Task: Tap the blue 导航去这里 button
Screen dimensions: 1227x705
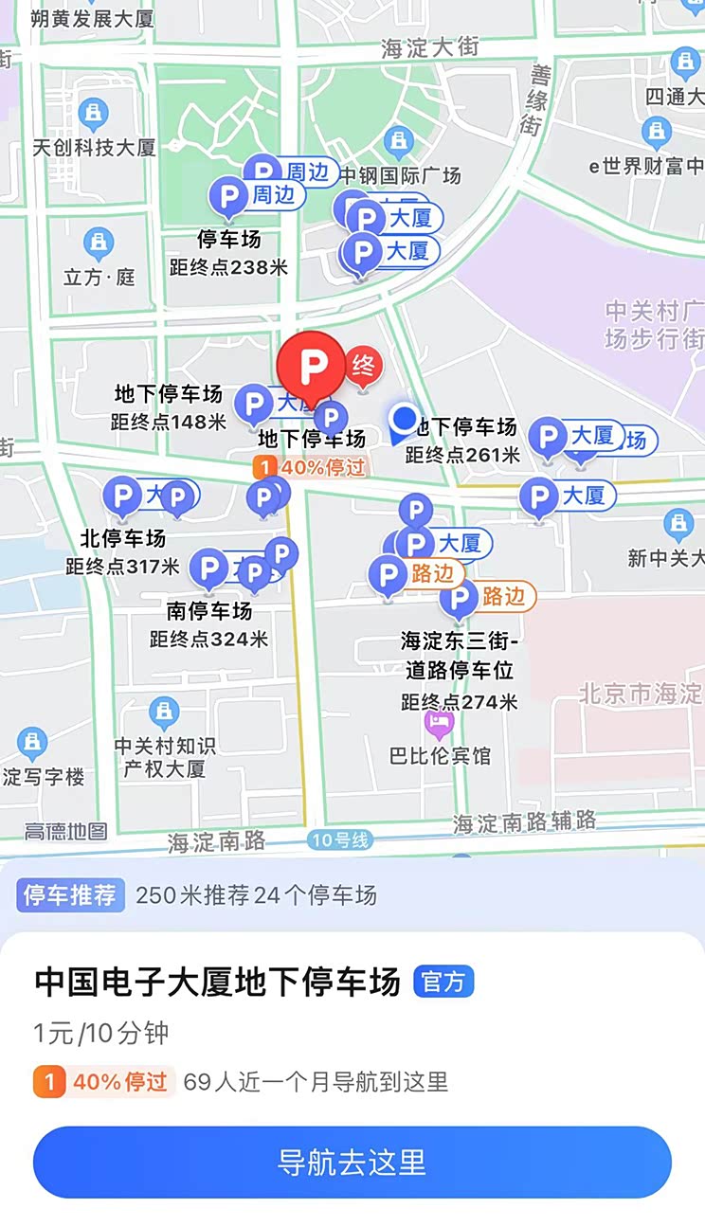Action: pos(352,1162)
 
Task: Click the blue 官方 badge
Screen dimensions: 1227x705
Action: pos(443,982)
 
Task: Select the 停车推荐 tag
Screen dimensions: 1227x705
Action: pos(70,894)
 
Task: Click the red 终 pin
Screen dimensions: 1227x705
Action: pos(362,366)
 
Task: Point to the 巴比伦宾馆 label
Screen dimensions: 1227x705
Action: pos(441,755)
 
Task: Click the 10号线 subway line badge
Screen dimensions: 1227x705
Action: pos(339,840)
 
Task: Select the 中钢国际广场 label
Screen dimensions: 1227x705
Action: pos(401,175)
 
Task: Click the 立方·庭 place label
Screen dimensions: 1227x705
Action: pos(99,277)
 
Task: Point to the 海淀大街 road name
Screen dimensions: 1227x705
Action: pos(429,47)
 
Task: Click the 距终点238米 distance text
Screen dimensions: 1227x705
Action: pos(228,267)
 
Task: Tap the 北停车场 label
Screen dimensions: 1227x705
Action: pos(122,538)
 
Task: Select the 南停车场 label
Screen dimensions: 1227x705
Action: pos(208,609)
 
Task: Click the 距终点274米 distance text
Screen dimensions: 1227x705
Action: pos(459,702)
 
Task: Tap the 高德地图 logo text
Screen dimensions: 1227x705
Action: pos(65,831)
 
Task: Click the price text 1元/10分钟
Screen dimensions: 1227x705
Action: pos(101,1033)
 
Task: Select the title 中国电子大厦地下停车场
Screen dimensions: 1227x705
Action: pos(218,982)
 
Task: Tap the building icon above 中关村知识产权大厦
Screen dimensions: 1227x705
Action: pos(164,712)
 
